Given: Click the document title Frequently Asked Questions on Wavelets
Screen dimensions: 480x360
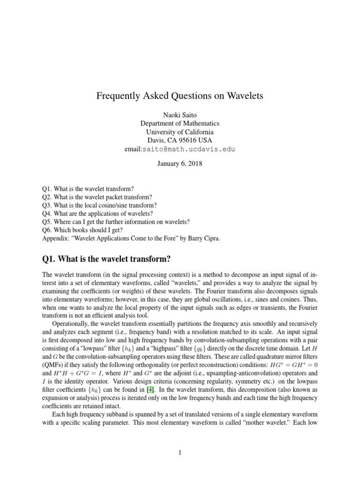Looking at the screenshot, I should tap(180, 96).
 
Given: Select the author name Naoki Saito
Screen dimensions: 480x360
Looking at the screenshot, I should tap(180, 115).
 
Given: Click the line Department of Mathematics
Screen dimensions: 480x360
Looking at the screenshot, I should tap(180, 123).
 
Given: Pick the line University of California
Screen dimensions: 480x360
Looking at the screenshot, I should tap(180, 132).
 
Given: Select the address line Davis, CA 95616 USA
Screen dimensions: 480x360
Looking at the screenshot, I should tap(180, 140).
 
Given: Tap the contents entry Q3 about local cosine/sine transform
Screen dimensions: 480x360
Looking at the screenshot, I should tap(99, 205).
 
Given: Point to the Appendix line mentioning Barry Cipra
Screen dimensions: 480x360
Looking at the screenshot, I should tap(131, 238).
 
